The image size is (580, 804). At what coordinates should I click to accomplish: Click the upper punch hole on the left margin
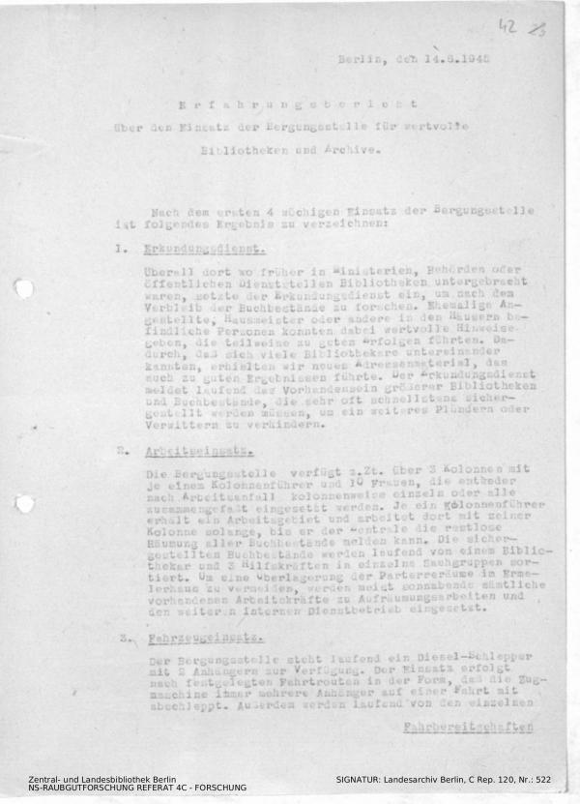(x=24, y=288)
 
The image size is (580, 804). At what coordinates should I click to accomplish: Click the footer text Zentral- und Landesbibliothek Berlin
(x=101, y=779)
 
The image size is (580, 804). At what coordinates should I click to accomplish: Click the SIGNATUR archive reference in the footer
(x=443, y=779)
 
